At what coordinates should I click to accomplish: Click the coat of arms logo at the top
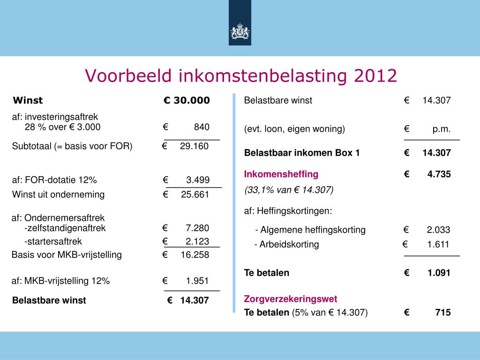tap(240, 31)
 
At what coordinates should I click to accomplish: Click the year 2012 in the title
tap(375, 75)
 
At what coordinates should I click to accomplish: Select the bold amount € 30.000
tap(187, 100)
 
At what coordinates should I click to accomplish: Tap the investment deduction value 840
tap(202, 127)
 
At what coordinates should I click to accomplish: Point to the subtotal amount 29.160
tap(194, 146)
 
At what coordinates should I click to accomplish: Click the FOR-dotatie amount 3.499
tap(198, 180)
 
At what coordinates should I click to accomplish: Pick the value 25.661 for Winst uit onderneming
tap(195, 195)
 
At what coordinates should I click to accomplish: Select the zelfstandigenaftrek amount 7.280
tap(197, 228)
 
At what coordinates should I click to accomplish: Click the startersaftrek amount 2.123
tap(197, 241)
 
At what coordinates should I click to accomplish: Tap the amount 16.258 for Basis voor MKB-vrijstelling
tap(195, 255)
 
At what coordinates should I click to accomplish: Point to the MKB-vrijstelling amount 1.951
tap(197, 281)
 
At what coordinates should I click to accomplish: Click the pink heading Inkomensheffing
tap(281, 174)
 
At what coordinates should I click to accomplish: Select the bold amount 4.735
tap(439, 174)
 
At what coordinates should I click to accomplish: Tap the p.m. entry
tap(442, 129)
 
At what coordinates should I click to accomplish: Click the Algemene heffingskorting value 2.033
tap(438, 230)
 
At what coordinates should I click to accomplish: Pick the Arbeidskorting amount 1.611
tap(438, 244)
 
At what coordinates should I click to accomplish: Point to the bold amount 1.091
tap(439, 273)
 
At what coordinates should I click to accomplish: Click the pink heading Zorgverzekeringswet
tap(291, 299)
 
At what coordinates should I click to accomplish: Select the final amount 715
tap(443, 313)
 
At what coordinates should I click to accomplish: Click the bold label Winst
tap(28, 100)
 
